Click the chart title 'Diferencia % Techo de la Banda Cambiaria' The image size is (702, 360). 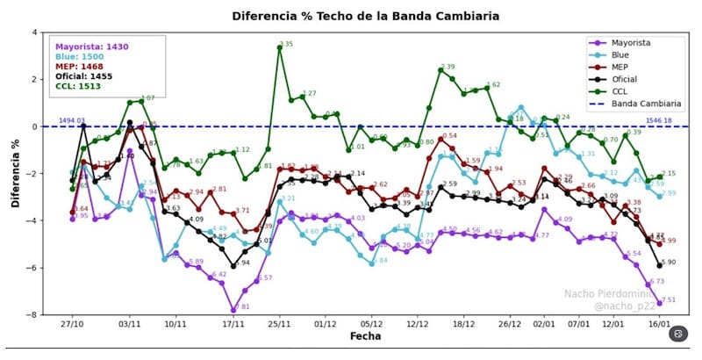366,16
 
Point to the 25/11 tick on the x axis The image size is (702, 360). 279,323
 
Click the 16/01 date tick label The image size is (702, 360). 659,323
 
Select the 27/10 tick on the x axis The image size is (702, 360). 73,323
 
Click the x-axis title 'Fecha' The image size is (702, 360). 365,336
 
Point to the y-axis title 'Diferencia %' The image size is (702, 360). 14,173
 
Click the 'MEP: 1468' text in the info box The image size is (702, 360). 85,67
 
